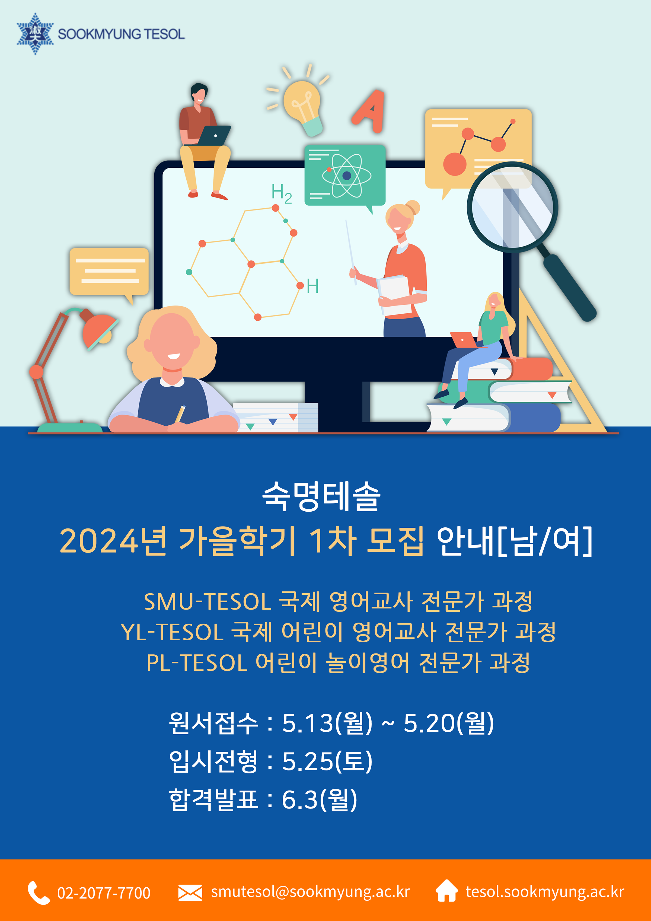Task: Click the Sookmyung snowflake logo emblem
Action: coord(35,34)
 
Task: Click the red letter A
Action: coord(369,111)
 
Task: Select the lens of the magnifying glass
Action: coord(512,207)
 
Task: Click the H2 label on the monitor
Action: coord(282,193)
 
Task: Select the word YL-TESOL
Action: coord(172,632)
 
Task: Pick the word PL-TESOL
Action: coord(197,663)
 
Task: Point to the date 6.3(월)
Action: coord(319,799)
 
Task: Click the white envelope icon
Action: coord(190,893)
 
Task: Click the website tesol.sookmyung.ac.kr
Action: coord(545,892)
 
